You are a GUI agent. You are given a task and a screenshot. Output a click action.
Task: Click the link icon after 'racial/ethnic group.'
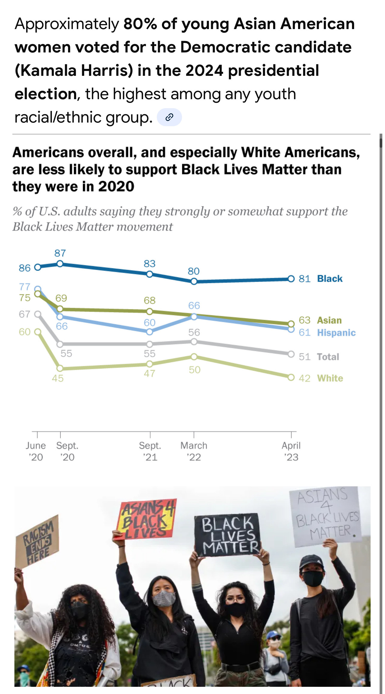tap(169, 117)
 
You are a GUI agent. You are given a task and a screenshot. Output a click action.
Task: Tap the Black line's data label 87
tap(60, 253)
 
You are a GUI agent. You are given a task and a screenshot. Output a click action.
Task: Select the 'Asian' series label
tap(329, 320)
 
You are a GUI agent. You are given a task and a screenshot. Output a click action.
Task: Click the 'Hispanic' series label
tap(336, 333)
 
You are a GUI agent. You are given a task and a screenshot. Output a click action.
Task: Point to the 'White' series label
tap(330, 378)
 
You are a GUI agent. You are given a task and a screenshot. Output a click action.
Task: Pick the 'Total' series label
tap(328, 357)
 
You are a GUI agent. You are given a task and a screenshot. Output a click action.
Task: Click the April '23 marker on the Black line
tap(291, 279)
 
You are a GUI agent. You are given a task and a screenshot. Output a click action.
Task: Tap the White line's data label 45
tap(58, 378)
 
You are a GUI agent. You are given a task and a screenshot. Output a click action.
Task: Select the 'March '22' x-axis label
tap(194, 451)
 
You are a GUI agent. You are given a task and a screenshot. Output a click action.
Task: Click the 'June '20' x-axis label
tap(36, 451)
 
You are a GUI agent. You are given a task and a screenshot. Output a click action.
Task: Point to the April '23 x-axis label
tap(291, 451)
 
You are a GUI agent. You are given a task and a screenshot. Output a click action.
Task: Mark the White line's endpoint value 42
tap(304, 378)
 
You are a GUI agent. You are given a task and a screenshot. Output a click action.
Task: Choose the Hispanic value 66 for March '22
tap(194, 306)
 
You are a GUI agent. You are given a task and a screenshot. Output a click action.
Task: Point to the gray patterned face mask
tap(164, 599)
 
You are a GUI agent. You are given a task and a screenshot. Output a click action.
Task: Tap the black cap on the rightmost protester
tap(311, 562)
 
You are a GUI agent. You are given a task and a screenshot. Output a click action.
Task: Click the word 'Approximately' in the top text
tap(67, 24)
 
